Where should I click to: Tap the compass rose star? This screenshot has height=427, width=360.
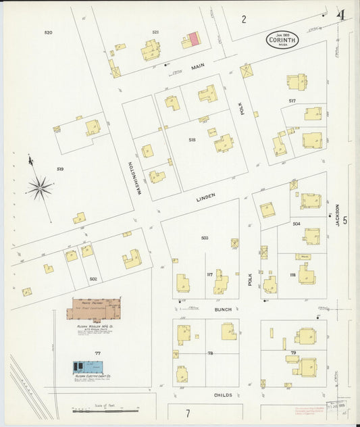pos(39,187)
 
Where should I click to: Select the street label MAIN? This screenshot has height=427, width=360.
pos(197,66)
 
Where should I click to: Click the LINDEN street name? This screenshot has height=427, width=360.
pos(205,197)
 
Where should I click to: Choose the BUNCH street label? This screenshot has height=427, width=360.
pos(223,309)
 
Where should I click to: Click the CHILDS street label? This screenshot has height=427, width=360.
pos(223,395)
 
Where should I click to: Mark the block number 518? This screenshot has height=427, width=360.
pos(192,140)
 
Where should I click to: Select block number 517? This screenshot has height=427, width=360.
pos(292,101)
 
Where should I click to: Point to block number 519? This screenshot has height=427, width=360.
pos(60,169)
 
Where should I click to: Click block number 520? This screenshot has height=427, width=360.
pos(48,32)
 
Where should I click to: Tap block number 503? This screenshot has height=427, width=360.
pos(205,238)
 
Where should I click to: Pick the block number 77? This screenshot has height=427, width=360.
pos(97,353)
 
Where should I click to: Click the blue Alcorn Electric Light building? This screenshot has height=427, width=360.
pos(88,368)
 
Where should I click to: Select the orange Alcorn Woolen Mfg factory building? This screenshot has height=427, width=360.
pos(95,309)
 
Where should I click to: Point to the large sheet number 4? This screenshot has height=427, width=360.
pos(342,15)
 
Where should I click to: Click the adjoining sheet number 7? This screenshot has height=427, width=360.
pos(188,412)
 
